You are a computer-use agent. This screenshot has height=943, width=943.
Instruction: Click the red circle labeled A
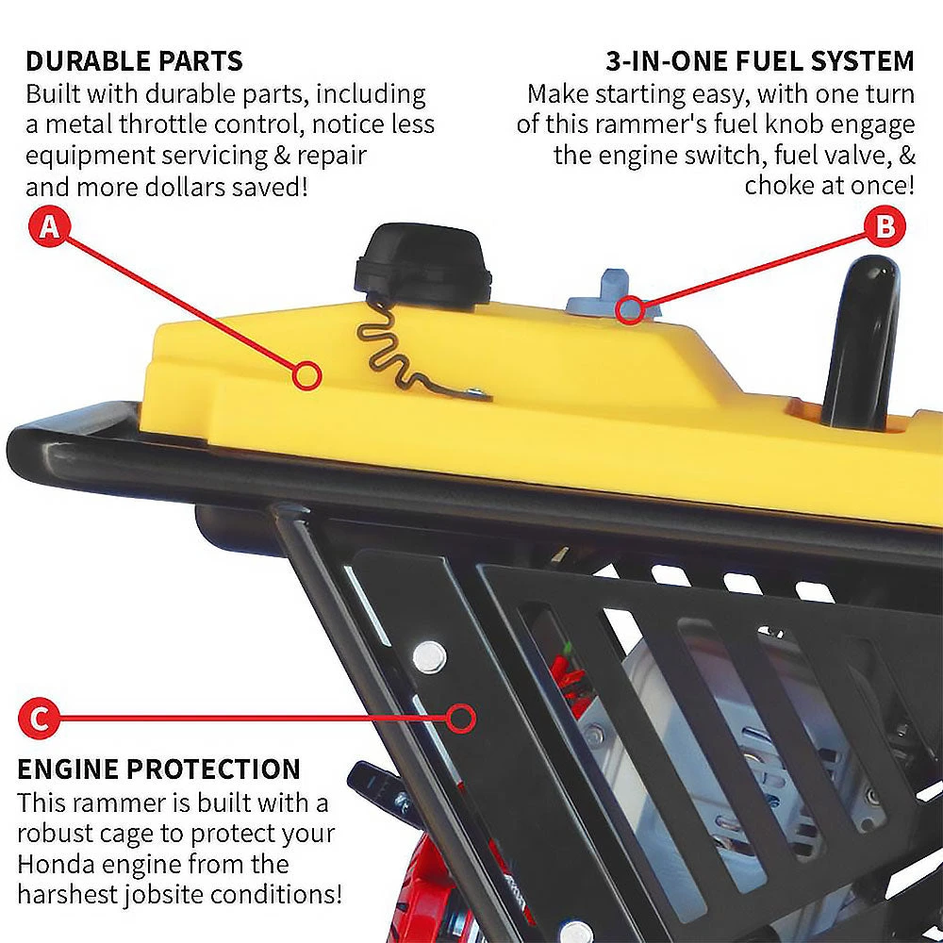(x=50, y=228)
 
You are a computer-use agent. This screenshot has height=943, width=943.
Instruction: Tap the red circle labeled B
(x=885, y=227)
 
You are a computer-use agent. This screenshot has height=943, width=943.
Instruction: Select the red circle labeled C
(x=39, y=720)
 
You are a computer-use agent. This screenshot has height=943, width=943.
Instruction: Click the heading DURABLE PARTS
(x=134, y=62)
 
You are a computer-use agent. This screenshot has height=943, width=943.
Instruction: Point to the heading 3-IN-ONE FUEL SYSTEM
(x=759, y=62)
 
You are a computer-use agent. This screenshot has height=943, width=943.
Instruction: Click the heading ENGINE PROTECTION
(x=158, y=769)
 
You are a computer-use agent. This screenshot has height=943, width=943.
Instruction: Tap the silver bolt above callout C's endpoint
(x=429, y=652)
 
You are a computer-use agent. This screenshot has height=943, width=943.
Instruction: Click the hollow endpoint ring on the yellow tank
(x=306, y=376)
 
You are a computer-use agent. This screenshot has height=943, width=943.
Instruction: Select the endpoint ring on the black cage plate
(x=460, y=719)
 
